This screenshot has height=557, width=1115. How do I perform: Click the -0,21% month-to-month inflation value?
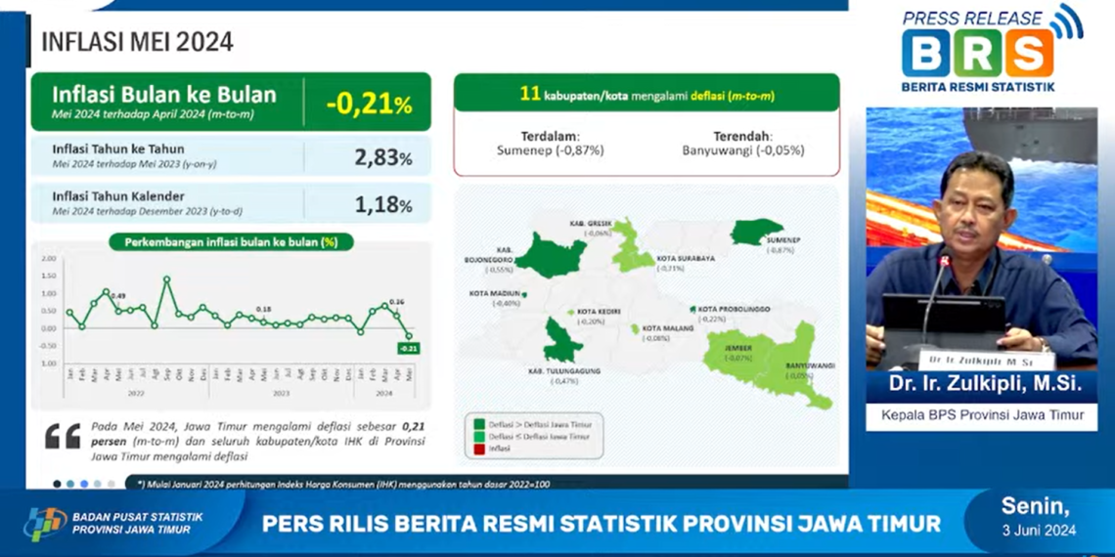[x=369, y=103]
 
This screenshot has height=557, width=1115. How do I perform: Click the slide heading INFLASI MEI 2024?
[x=137, y=42]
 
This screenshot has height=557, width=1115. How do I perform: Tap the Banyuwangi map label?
[x=809, y=365]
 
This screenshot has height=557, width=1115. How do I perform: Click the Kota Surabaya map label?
[x=685, y=259]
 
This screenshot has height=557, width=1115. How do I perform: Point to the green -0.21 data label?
[x=409, y=348]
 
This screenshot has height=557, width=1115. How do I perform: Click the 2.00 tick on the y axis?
[x=49, y=259]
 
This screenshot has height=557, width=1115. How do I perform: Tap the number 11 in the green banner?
[x=530, y=95]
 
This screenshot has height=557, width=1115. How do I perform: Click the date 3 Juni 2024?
[x=1038, y=531]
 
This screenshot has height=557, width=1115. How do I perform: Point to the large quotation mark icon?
[x=62, y=437]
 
